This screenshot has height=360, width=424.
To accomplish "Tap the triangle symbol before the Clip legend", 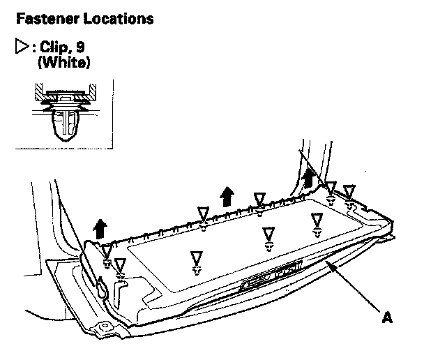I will click(20, 49).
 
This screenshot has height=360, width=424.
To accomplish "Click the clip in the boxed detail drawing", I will click(65, 126).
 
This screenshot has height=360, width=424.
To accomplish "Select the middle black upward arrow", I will click(226, 195).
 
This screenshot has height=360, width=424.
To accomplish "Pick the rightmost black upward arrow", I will click(308, 178).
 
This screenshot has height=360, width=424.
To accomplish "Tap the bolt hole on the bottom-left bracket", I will click(105, 326).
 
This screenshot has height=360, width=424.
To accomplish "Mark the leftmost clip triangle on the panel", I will click(107, 252).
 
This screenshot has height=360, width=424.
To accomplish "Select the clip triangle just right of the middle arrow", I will click(259, 200).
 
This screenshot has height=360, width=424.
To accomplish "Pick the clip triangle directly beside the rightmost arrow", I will click(331, 188).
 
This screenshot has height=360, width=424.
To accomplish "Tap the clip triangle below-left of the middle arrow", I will click(203, 213).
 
